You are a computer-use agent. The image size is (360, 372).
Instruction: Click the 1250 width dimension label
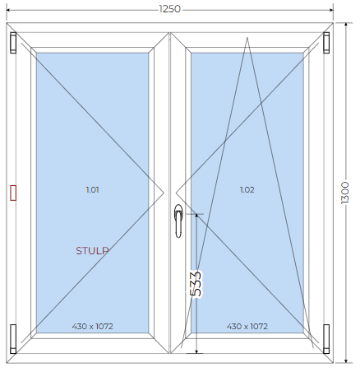pos(169,9)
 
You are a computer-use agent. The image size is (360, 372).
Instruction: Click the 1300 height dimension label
pos(345,193)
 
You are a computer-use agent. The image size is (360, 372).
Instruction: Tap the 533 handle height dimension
pos(196,284)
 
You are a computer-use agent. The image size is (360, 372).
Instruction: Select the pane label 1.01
pos(92,190)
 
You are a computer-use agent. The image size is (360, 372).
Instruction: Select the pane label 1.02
pos(247,190)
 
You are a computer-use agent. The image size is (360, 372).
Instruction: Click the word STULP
pos(92,251)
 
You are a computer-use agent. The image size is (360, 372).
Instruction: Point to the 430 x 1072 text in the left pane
pos(93,326)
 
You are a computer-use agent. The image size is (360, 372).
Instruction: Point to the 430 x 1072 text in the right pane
pos(247,326)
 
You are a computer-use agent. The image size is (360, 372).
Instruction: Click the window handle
pos(178,221)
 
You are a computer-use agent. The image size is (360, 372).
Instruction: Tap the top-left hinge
pos(13,42)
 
